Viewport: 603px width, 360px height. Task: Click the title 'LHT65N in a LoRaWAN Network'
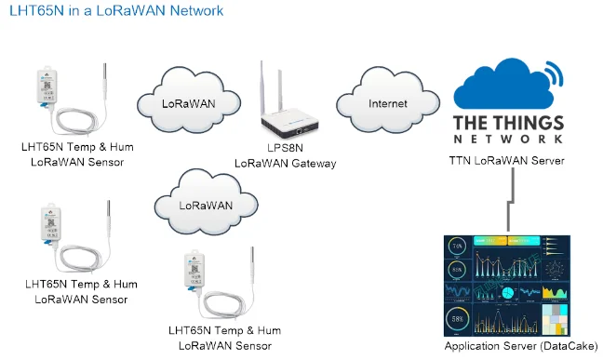[116, 11]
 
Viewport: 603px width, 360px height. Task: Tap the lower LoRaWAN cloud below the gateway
[206, 204]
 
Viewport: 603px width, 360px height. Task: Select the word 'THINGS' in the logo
[529, 123]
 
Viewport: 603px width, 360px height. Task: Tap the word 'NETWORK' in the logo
[508, 139]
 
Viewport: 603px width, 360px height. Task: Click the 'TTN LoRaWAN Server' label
[506, 161]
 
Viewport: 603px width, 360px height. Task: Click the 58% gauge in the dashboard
[458, 321]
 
